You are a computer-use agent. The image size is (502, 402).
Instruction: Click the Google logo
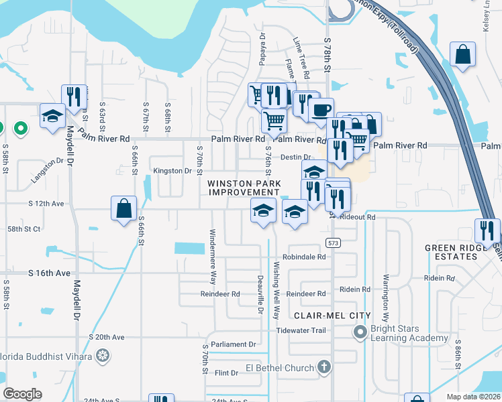coord(23,394)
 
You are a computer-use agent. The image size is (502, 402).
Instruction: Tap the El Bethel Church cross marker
coord(324,366)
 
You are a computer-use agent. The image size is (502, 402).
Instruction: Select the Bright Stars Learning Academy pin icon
coord(360,331)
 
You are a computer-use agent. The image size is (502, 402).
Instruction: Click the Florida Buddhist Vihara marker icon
coord(102,354)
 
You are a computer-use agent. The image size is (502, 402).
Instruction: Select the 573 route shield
coord(333,242)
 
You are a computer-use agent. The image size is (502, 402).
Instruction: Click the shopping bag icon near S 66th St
coord(124,208)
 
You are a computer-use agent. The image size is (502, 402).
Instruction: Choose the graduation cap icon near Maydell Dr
coord(52,116)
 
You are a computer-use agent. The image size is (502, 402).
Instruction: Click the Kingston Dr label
coord(172,171)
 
